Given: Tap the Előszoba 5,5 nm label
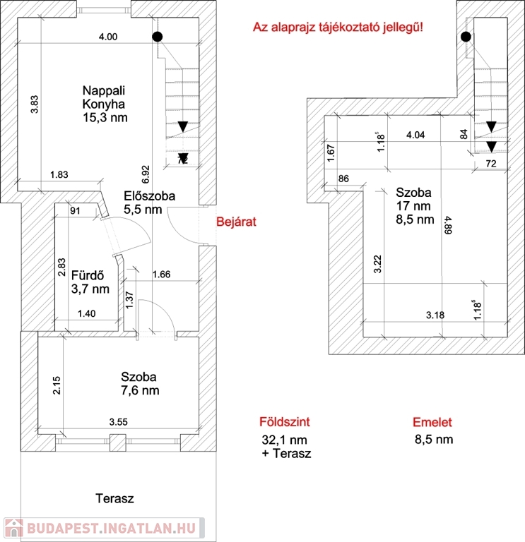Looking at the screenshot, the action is [149, 203].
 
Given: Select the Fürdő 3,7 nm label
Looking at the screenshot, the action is [90, 282].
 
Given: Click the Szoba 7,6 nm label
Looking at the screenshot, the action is [140, 384].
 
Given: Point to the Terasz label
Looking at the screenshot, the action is [114, 498].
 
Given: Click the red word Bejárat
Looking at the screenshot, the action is [237, 222].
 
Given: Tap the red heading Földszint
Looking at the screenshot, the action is [285, 422].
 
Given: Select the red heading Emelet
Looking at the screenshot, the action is [432, 422].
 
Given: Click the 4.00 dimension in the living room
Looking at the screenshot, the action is [108, 37].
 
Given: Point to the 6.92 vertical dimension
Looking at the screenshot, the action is [146, 174].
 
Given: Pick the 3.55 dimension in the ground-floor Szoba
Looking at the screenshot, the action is [119, 422].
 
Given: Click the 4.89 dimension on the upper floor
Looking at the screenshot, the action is [448, 225].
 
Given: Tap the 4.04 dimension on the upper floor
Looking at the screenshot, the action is [415, 135].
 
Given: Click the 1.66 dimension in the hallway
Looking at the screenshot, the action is [162, 275].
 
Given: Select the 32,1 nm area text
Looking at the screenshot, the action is [284, 440].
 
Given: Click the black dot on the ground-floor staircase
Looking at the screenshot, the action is [158, 37].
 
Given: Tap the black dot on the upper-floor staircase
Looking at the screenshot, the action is [466, 37].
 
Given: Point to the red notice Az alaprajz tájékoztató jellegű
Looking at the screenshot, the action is [338, 27].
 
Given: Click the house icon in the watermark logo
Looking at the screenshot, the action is [13, 528].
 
